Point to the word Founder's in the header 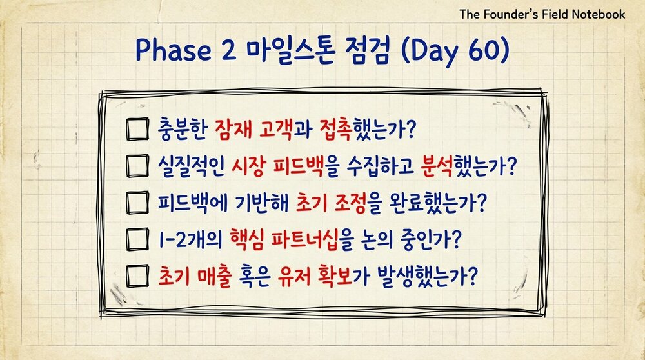click(x=513, y=14)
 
